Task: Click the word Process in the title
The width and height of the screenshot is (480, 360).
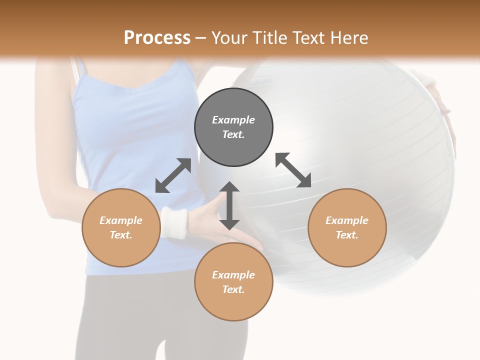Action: [157, 38]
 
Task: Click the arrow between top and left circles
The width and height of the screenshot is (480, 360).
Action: [173, 175]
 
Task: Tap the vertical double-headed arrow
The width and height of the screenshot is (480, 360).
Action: [229, 205]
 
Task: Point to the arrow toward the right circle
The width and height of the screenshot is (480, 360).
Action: [293, 170]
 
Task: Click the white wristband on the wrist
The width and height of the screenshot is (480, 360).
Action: [174, 222]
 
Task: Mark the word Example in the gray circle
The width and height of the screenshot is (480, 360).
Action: [233, 120]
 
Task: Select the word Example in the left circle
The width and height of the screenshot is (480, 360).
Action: [121, 220]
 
